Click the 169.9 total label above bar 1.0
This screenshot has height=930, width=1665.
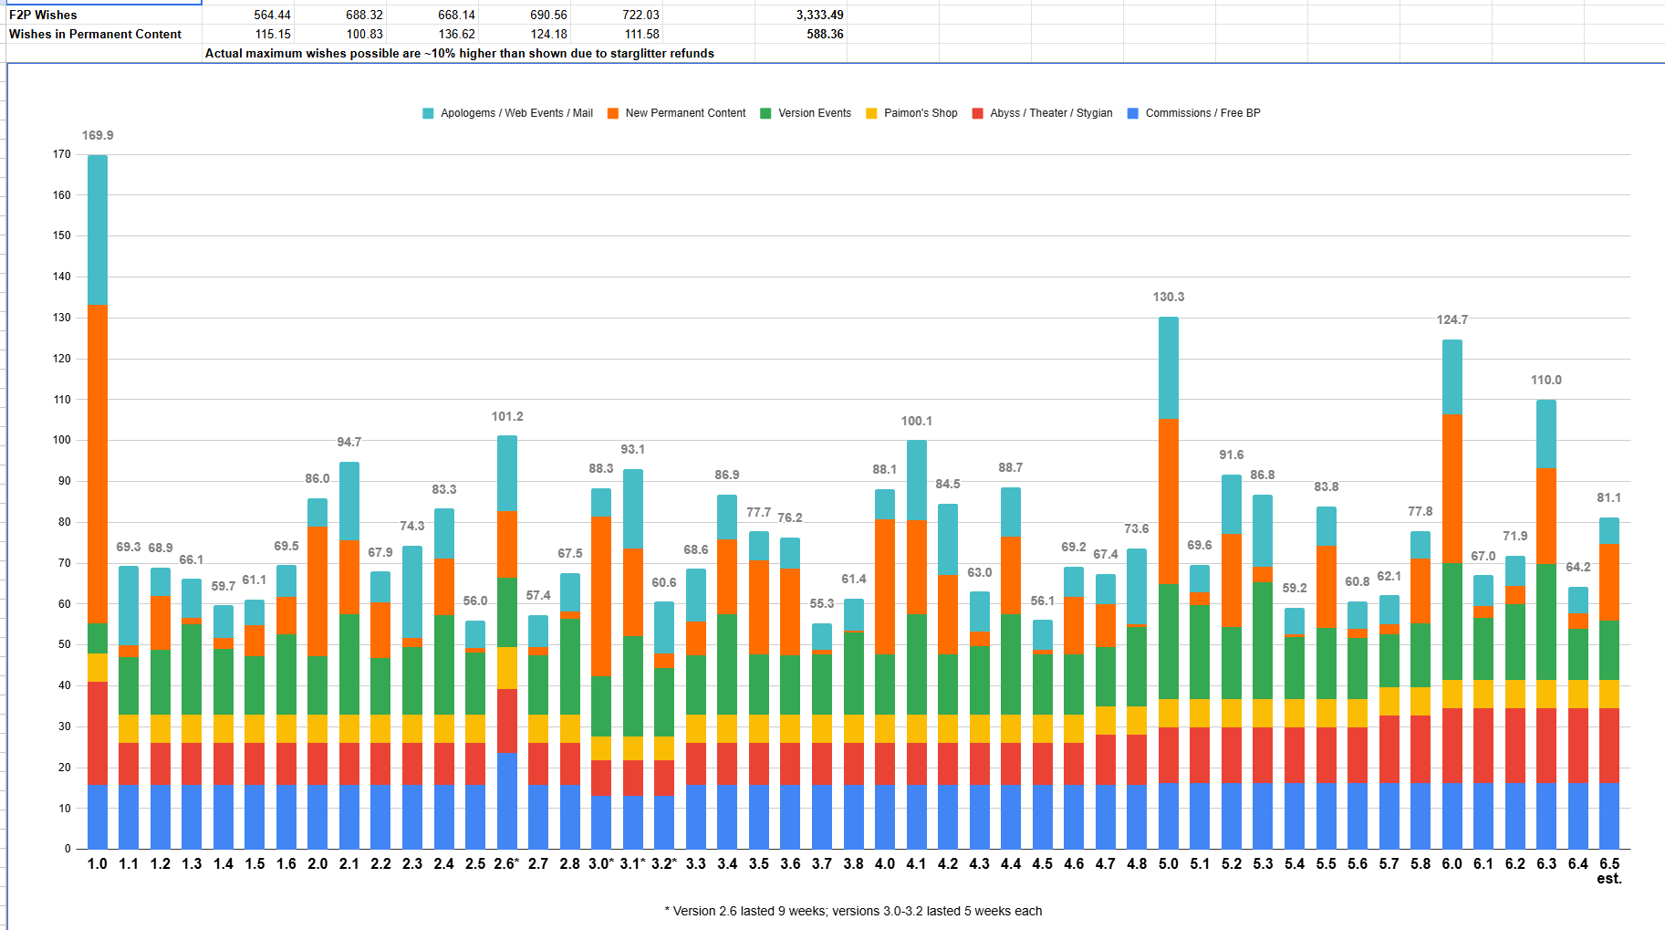click(98, 135)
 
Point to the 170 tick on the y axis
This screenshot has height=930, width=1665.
click(62, 154)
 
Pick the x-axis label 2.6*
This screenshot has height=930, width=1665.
click(506, 863)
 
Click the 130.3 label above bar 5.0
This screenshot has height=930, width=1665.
click(1169, 297)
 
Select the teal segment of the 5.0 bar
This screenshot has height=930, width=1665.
click(1169, 368)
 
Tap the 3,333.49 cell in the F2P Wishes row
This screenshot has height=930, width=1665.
click(819, 15)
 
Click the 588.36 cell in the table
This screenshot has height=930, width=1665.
click(825, 34)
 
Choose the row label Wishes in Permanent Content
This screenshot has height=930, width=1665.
click(95, 34)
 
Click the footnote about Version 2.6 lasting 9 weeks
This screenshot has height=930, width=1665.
click(853, 911)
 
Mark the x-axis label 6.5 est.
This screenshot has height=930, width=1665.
click(1609, 871)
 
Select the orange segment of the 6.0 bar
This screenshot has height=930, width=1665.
click(1452, 488)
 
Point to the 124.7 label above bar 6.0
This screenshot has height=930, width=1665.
click(1452, 319)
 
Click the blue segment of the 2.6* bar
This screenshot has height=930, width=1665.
click(507, 800)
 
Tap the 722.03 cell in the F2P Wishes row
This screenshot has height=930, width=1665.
click(640, 15)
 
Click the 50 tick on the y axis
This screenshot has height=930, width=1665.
click(65, 644)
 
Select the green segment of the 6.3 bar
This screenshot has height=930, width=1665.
click(1546, 622)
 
